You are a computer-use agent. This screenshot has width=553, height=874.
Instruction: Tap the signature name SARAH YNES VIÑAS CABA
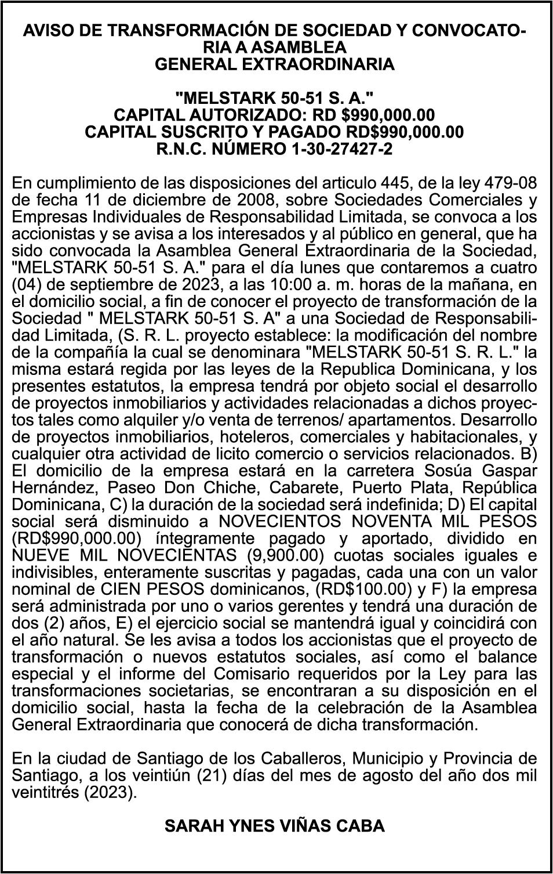click(275, 826)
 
